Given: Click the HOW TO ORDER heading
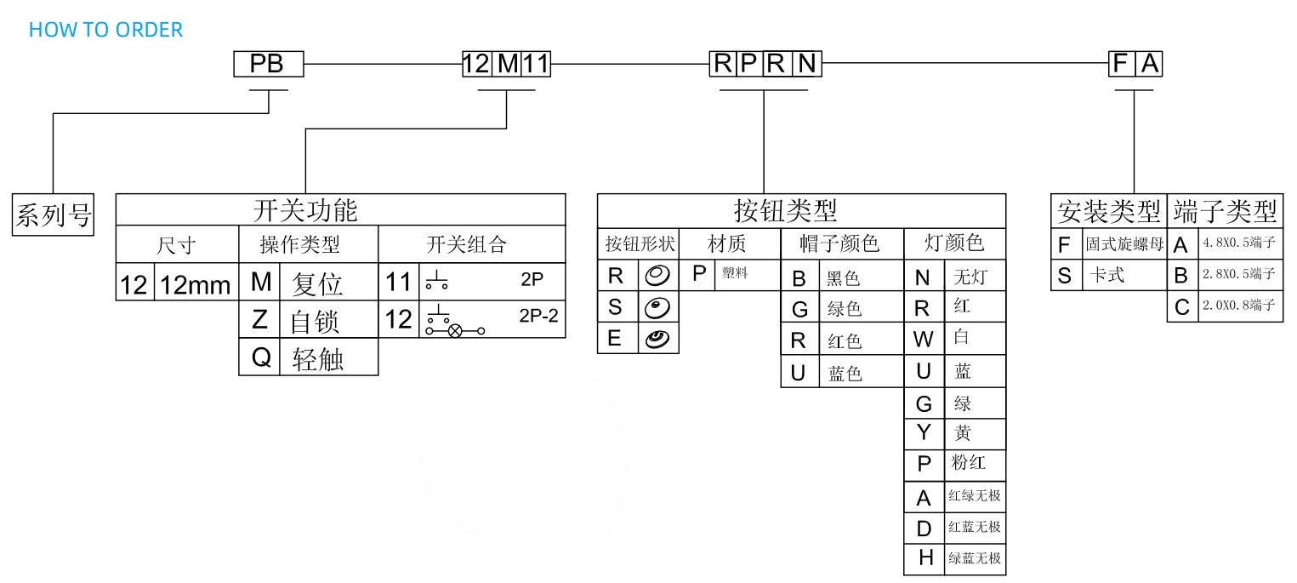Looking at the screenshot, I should (x=105, y=30).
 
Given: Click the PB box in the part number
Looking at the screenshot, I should (x=268, y=64).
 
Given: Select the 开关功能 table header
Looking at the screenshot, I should (x=340, y=209).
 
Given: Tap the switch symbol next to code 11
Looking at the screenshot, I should (x=436, y=282).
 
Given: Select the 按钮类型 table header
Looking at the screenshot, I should (x=800, y=209).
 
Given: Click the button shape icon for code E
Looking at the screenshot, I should (x=657, y=338).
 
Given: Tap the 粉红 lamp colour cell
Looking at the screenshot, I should (x=968, y=464).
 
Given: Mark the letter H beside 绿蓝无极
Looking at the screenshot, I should (x=924, y=559).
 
